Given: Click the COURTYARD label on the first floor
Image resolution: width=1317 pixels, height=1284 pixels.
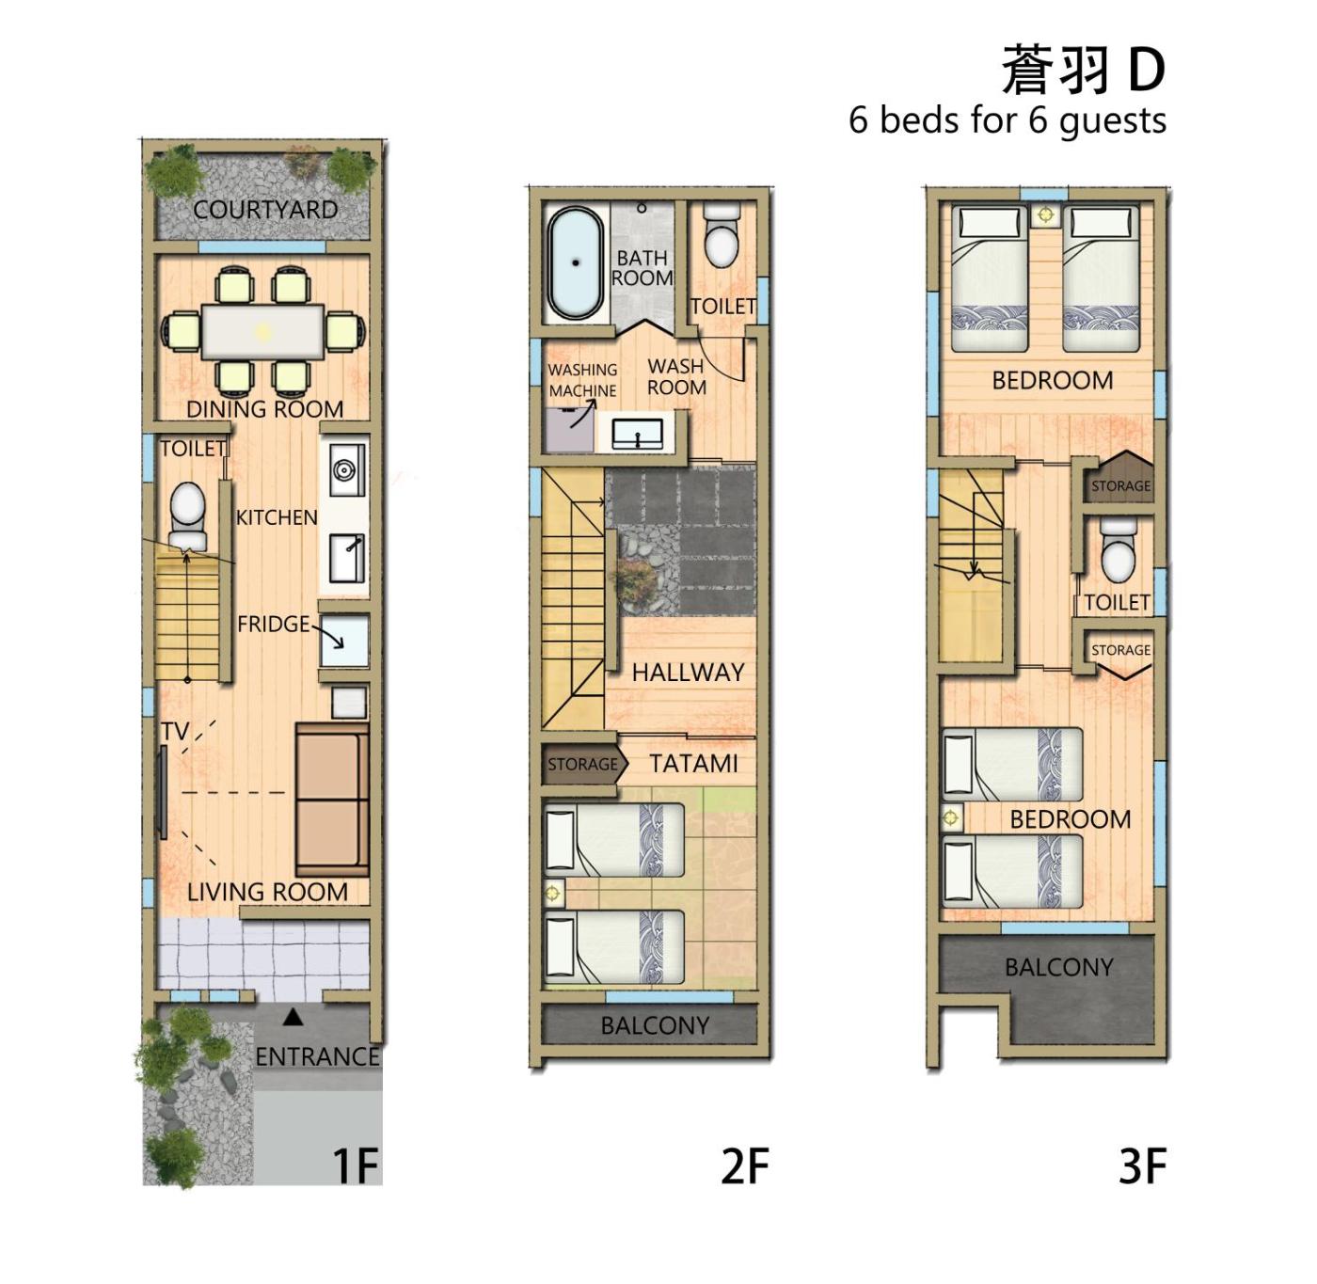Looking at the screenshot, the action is [265, 209].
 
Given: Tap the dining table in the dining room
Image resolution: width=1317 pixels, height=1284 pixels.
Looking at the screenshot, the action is [262, 332].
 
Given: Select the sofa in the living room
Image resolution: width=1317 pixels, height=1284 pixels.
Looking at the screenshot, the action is [332, 800].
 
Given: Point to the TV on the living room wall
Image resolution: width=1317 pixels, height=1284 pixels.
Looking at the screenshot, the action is [163, 793].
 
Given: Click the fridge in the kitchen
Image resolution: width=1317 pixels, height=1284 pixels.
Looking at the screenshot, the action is [344, 641].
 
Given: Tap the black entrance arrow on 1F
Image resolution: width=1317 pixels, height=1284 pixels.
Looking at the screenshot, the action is [293, 1017].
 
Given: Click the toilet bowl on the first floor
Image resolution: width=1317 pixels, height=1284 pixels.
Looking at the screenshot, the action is [187, 514].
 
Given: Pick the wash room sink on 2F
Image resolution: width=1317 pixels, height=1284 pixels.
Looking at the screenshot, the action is [638, 434].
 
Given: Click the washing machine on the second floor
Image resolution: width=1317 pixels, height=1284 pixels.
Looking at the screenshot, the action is [569, 430].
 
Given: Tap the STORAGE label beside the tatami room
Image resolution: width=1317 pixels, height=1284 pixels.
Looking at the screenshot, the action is [582, 764].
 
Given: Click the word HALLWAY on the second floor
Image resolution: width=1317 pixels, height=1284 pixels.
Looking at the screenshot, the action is [689, 673].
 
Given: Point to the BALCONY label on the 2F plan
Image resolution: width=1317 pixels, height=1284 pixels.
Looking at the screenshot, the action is [655, 1024].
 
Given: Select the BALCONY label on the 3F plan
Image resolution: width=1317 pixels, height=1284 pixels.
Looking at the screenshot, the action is [1059, 967].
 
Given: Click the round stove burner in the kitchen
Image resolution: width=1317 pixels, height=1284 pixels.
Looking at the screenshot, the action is [344, 469].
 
